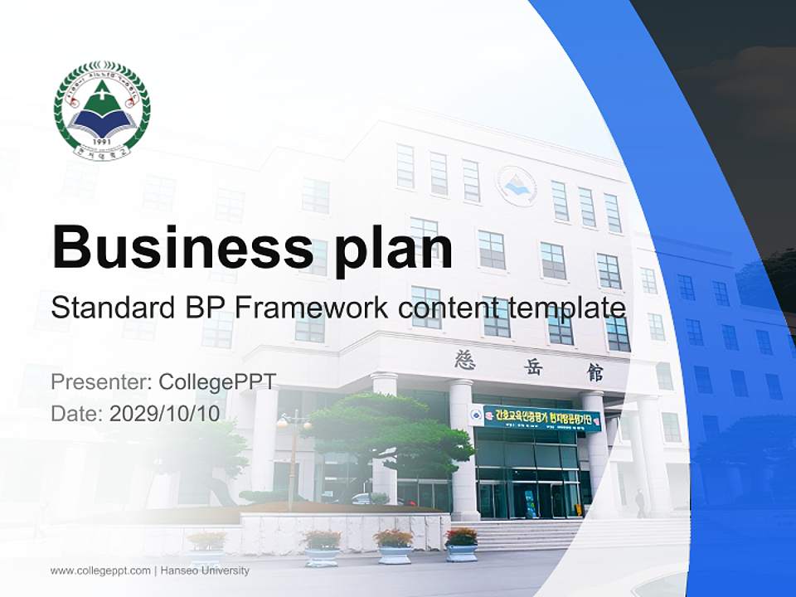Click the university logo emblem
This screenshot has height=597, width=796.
[x=102, y=111]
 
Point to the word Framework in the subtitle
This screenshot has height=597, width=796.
[x=310, y=308]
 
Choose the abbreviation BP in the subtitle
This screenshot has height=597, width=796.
[x=202, y=308]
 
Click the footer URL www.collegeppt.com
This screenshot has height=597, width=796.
[x=99, y=570]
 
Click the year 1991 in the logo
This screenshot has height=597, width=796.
[x=102, y=142]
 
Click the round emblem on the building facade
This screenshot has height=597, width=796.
[x=516, y=184]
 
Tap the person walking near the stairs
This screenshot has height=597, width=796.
[x=639, y=502]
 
